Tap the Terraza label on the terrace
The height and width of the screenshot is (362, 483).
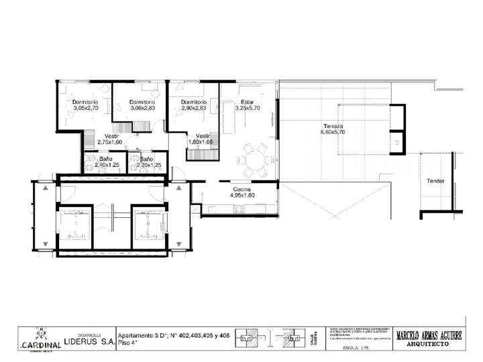coord(333,126)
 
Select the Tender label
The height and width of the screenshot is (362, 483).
coord(435,180)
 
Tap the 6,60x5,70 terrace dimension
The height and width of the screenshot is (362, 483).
coord(333,133)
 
